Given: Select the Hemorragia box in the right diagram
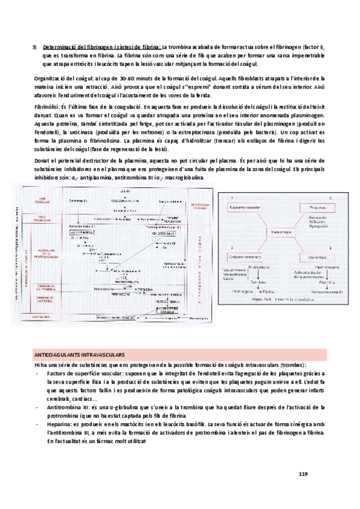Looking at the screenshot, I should tap(280, 232).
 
